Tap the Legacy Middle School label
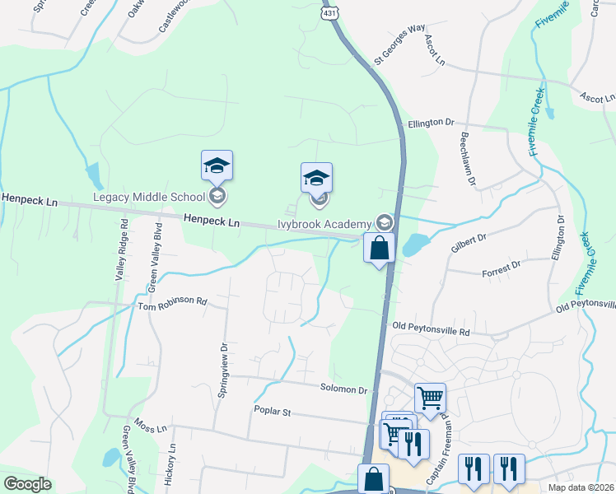149,197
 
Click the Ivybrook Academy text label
324,222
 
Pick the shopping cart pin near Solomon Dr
430,398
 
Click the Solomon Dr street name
343,389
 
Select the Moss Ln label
151,428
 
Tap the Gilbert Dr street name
469,242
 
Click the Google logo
27,484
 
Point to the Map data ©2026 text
580,487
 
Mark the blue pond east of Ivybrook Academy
415,244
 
